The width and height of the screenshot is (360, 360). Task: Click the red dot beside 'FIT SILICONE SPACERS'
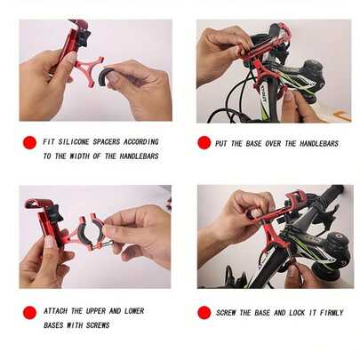click(x=29, y=142)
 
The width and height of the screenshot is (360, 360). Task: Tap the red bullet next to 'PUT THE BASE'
click(x=204, y=142)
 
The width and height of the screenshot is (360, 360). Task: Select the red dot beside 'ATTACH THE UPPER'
click(x=29, y=312)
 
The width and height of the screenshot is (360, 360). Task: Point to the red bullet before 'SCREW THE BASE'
click(x=204, y=312)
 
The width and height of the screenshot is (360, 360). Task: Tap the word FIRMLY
click(x=326, y=313)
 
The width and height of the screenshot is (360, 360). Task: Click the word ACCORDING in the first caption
click(x=141, y=141)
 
